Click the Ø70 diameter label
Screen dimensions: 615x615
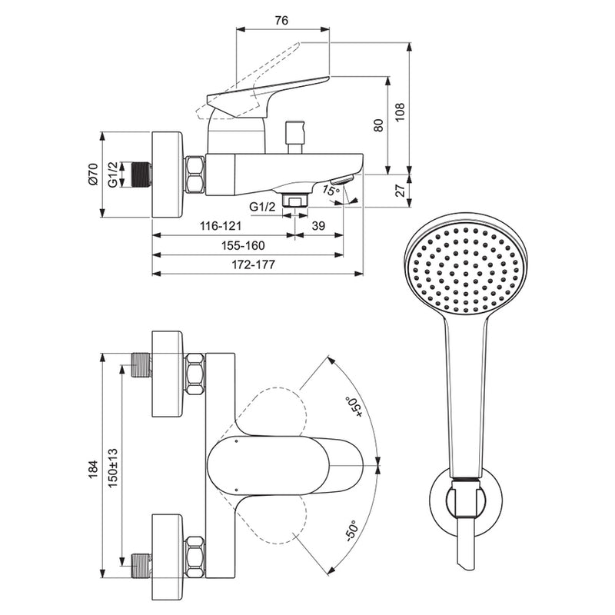coord(93,175)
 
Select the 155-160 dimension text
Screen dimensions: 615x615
coord(244,245)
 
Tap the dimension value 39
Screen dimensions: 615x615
coord(319,227)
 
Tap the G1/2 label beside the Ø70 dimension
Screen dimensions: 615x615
coord(112,175)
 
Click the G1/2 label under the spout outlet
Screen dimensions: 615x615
coord(263,206)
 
